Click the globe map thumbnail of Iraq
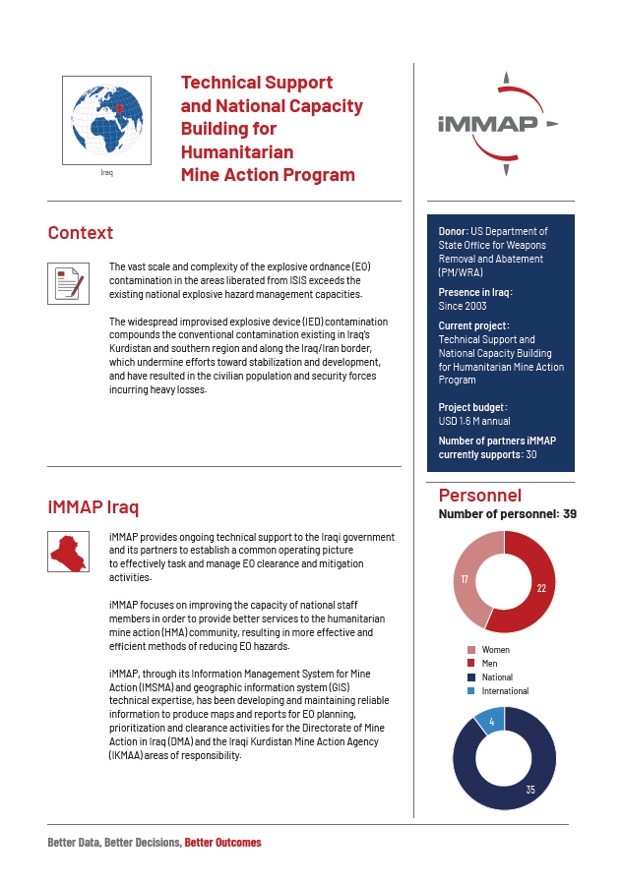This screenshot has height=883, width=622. [x=106, y=119]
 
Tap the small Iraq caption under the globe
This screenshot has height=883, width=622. [x=106, y=172]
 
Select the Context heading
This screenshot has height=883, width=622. [x=81, y=233]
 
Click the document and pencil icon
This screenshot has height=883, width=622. [x=68, y=283]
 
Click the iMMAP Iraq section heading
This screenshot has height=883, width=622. [x=93, y=507]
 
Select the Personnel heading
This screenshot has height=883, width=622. [x=479, y=495]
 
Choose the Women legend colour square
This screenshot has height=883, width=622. [x=470, y=650]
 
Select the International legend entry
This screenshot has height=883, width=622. [x=505, y=690]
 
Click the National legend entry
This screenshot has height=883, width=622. [x=497, y=677]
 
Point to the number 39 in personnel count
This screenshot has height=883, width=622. [x=570, y=513]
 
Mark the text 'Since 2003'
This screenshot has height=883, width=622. [x=463, y=306]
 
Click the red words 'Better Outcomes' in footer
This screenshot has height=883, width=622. [x=222, y=843]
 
